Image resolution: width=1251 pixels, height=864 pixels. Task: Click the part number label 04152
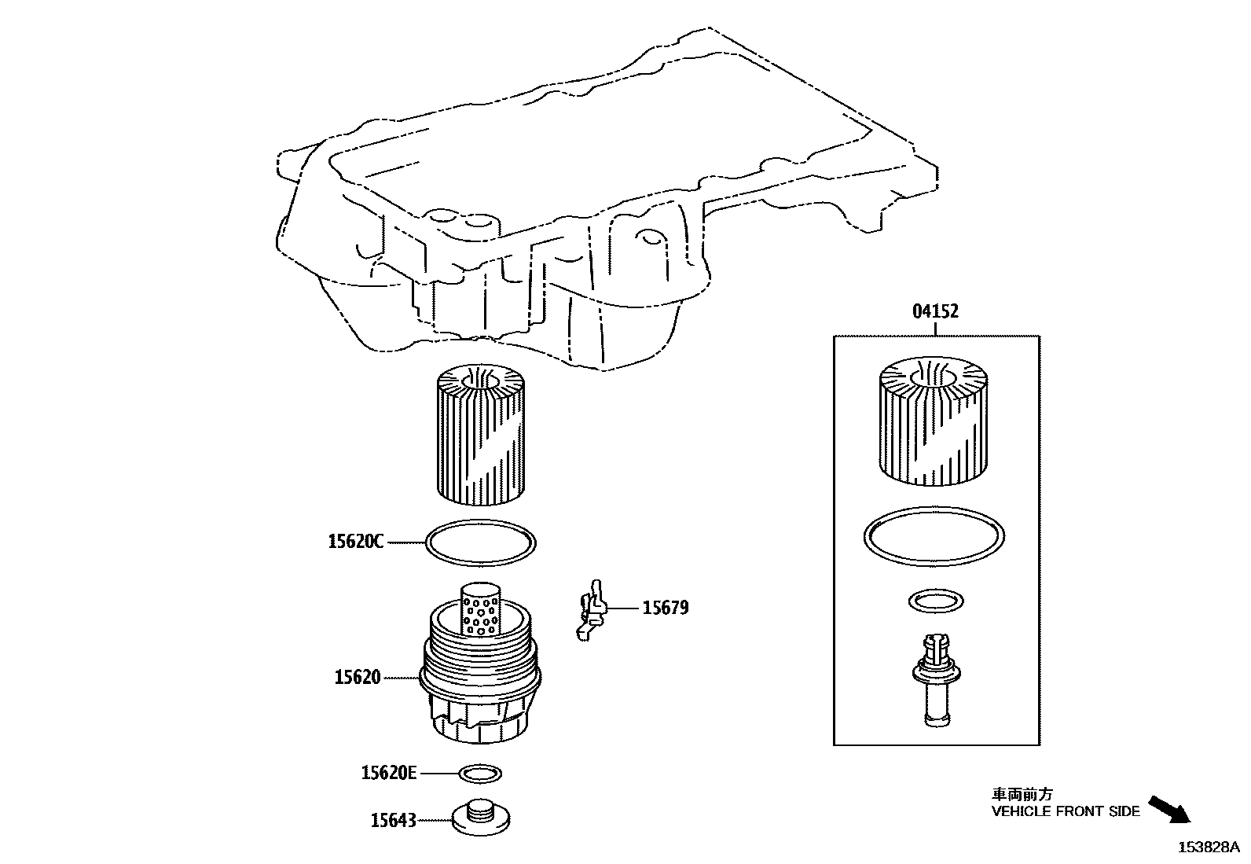[x=935, y=311]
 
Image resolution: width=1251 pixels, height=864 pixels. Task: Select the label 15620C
[x=356, y=542]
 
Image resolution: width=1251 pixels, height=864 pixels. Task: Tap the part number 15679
[x=666, y=608]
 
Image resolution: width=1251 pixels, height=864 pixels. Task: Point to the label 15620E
[x=388, y=774]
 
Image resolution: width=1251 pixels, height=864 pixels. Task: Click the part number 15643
[x=394, y=821]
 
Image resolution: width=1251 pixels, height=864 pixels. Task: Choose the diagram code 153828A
[x=1207, y=847]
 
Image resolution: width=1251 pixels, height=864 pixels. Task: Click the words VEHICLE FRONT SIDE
[x=1065, y=811]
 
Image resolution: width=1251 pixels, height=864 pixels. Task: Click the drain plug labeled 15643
[x=480, y=818]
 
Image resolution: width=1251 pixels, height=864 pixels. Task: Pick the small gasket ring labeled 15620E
[x=480, y=774]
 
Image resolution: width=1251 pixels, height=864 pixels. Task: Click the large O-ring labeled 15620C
[x=480, y=542]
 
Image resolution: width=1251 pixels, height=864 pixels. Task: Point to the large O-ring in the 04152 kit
[x=934, y=535]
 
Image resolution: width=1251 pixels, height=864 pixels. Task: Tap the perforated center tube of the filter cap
[x=479, y=608]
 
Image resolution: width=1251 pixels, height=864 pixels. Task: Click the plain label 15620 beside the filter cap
[x=358, y=677]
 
